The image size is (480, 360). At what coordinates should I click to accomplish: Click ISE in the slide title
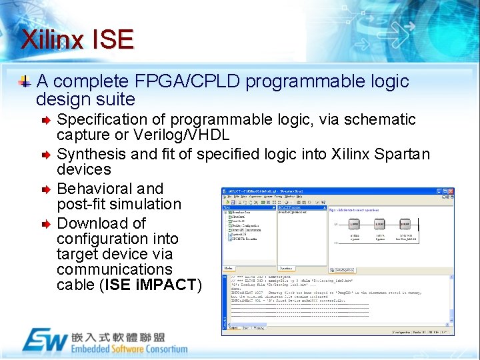113,40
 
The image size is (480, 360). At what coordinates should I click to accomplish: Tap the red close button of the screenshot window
451,191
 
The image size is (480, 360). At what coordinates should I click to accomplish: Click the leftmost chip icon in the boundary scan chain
354,225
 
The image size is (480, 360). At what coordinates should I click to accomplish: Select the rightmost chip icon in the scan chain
406,225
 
